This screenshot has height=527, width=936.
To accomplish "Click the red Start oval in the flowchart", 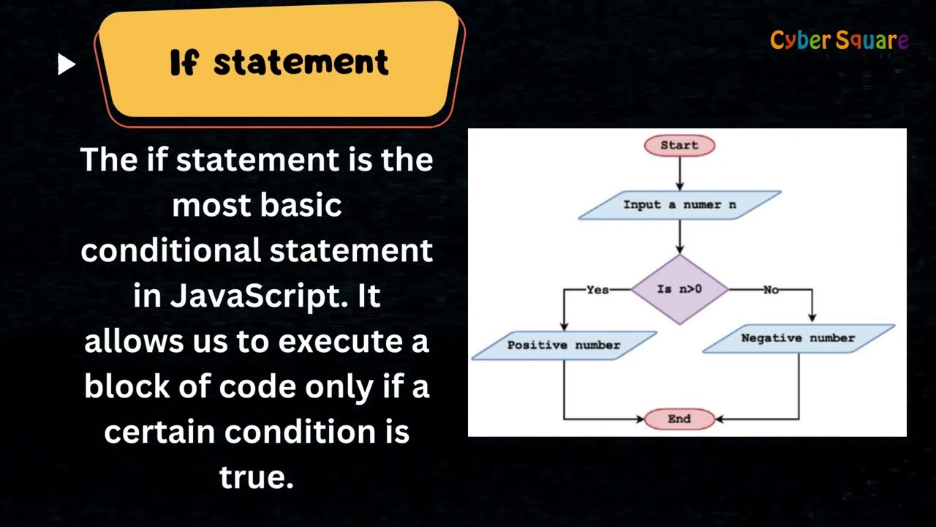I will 679,145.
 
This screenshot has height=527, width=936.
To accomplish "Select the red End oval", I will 679,419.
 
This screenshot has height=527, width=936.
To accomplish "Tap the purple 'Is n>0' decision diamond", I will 679,289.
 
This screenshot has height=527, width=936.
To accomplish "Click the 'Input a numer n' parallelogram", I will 679,205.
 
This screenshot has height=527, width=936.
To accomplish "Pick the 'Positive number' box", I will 564,345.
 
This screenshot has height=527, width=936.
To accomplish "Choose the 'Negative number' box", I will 798,338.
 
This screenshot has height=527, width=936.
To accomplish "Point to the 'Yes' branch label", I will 597,290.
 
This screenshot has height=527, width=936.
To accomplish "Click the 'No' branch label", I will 771,290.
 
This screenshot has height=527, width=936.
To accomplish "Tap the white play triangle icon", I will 67,64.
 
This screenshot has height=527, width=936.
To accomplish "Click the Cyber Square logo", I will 839,41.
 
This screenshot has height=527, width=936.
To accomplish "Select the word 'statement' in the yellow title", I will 301,63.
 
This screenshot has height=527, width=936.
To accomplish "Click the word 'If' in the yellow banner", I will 184,64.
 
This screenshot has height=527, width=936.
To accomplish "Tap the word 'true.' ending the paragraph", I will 256,477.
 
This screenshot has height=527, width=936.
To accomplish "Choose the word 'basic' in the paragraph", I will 308,206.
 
